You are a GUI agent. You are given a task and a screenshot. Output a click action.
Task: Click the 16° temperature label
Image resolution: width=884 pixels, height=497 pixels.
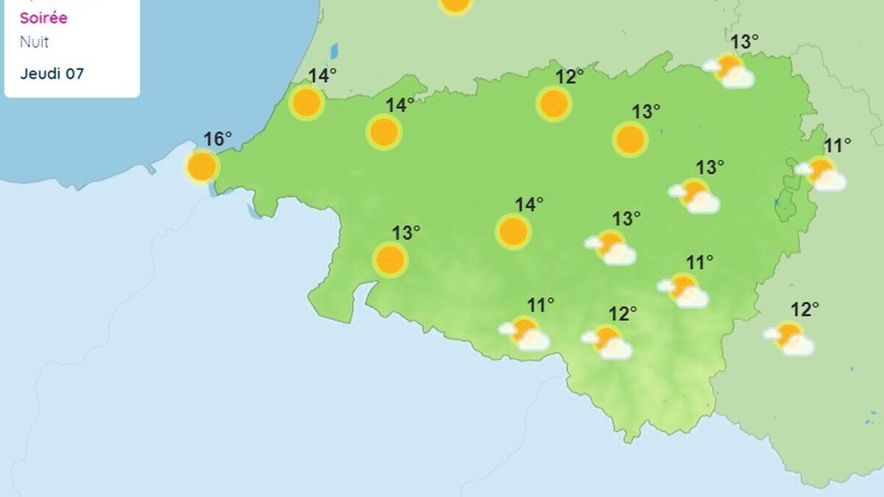(x=217, y=138)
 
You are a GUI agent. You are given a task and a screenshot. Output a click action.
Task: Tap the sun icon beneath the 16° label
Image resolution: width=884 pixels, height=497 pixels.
(x=202, y=166)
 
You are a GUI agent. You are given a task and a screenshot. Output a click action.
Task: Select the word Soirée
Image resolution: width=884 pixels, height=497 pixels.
(x=43, y=18)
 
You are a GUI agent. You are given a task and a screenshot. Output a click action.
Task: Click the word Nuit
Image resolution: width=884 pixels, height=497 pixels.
(x=34, y=42)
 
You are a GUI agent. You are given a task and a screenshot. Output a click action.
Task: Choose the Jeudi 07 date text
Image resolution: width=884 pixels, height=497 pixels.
(x=52, y=74)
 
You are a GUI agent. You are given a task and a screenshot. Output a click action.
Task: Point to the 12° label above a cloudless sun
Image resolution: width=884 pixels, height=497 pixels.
(x=569, y=76)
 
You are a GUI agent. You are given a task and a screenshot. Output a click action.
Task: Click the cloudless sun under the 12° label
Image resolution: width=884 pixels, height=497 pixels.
(x=553, y=104)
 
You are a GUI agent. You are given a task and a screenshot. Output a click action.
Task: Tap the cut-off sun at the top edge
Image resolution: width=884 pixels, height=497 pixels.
(x=455, y=5)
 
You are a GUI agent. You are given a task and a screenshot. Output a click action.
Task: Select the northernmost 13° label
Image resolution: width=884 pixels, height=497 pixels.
(x=744, y=42)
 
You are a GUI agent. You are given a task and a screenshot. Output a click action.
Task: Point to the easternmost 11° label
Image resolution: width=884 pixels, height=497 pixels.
(x=837, y=145)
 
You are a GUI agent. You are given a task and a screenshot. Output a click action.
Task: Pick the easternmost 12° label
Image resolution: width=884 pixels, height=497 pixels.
(x=804, y=310)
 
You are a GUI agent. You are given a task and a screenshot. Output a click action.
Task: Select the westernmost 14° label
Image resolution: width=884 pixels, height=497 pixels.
(x=322, y=75)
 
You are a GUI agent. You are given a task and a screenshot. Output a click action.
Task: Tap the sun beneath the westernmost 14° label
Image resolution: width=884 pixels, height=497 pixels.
(x=306, y=103)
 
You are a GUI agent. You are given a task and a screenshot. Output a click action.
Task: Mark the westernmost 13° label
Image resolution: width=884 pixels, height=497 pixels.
(x=405, y=233)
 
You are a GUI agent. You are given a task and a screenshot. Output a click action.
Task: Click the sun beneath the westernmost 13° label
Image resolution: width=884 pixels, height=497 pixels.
(x=390, y=260)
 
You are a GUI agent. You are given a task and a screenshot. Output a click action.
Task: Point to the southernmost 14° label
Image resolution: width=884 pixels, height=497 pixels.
(x=529, y=204)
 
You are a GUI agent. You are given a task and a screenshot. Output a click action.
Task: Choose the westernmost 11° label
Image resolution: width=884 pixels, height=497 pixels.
(x=540, y=304)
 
